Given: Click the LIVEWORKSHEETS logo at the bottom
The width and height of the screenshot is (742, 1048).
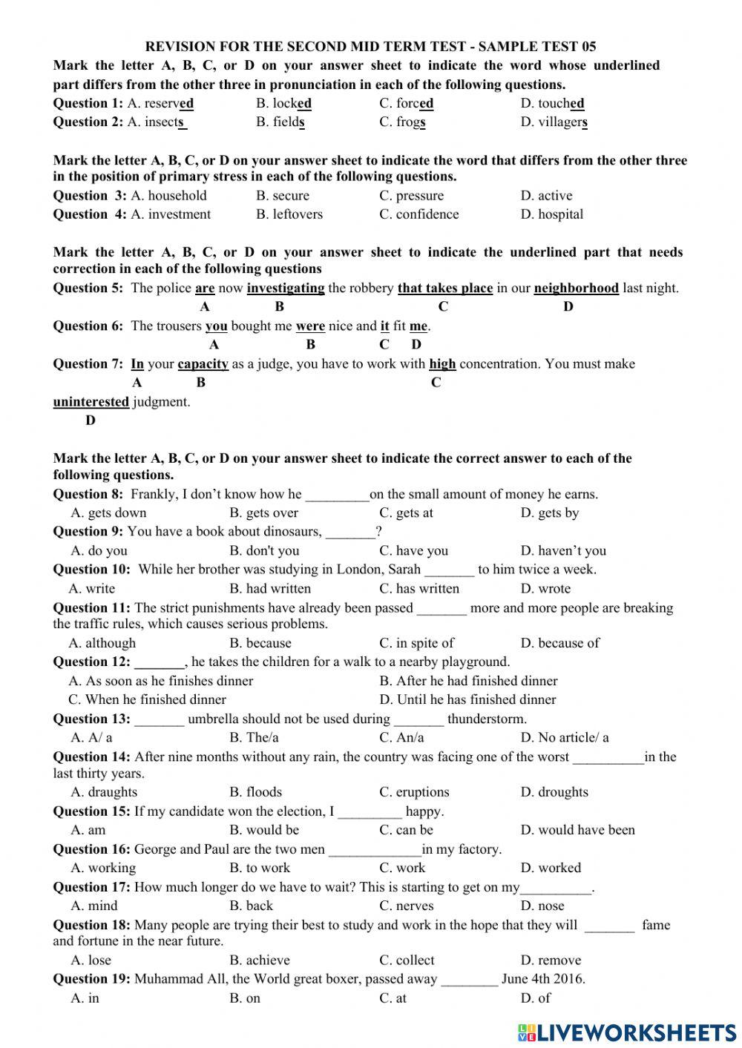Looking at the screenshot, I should click(x=626, y=1032).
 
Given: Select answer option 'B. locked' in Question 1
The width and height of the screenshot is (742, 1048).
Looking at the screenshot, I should click(x=283, y=103).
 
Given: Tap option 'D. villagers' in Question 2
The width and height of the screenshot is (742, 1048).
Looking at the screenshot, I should click(x=554, y=122).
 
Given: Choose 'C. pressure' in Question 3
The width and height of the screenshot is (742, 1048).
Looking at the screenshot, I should click(x=411, y=196).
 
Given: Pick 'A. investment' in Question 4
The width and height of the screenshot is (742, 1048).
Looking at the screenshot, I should click(x=171, y=214).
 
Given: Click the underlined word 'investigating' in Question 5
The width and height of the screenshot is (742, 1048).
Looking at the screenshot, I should click(x=286, y=288).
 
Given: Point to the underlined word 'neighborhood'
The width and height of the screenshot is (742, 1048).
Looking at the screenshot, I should click(x=576, y=288).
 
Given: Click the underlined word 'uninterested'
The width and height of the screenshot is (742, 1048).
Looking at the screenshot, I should click(x=91, y=402).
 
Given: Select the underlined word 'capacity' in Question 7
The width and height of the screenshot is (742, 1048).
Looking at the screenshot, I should click(x=203, y=363).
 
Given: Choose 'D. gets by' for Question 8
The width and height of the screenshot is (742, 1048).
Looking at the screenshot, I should click(x=549, y=513).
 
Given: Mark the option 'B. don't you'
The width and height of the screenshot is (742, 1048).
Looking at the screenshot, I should click(x=264, y=550).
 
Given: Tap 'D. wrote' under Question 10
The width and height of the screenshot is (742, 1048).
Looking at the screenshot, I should click(x=545, y=589).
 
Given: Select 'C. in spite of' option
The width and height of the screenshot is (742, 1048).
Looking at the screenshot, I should click(x=416, y=643).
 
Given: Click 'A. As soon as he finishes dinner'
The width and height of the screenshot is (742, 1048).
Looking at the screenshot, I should click(x=161, y=681).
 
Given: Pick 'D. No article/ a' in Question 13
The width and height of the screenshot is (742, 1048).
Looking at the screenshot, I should click(x=564, y=737).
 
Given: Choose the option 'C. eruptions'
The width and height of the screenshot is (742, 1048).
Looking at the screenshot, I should click(x=414, y=792).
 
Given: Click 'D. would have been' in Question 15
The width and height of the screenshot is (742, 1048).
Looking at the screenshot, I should click(x=577, y=830).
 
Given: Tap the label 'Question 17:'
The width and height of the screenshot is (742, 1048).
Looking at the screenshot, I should click(x=91, y=887).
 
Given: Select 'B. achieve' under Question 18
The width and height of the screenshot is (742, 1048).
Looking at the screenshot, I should click(x=259, y=960).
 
